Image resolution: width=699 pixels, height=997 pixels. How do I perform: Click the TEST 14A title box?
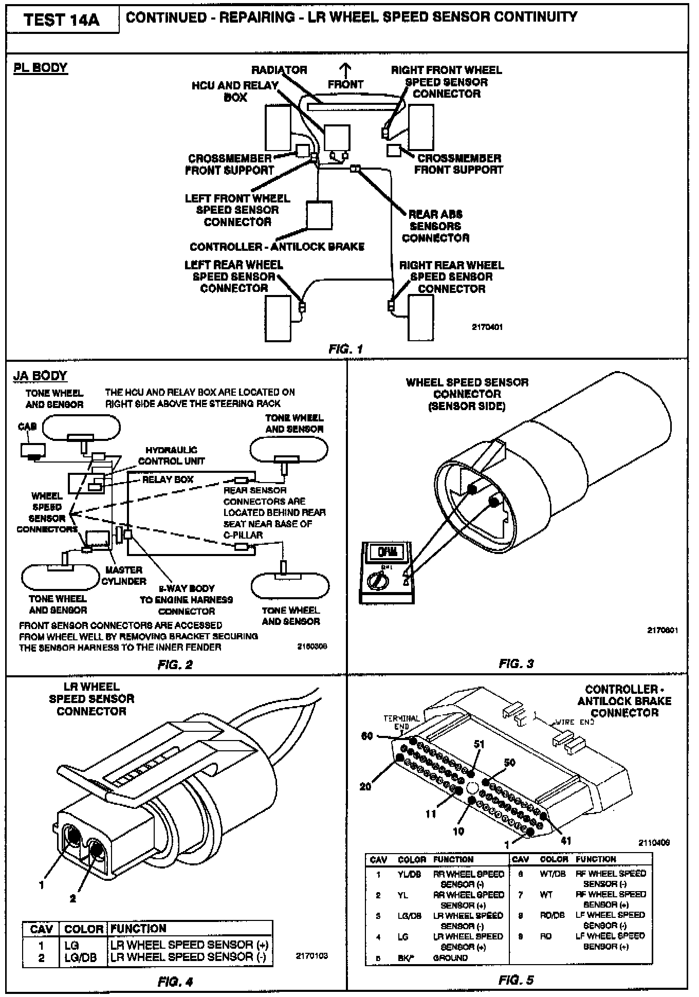[62, 20]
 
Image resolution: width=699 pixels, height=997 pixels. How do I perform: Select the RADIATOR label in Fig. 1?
[279, 70]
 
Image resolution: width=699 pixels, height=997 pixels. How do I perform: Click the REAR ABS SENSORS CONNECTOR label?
[435, 226]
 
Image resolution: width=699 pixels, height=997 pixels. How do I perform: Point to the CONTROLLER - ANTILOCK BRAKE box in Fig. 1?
[319, 215]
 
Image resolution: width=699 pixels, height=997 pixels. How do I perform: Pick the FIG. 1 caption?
[345, 349]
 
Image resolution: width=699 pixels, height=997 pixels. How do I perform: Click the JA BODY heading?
[40, 376]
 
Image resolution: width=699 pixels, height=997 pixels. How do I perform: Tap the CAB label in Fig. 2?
[27, 427]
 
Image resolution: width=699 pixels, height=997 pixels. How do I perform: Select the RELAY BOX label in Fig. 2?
[168, 479]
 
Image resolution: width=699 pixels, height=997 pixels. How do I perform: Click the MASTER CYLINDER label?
[123, 576]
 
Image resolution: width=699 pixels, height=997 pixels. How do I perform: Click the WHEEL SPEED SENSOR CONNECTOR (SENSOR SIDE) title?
[467, 394]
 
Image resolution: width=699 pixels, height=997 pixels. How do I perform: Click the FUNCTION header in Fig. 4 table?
[138, 929]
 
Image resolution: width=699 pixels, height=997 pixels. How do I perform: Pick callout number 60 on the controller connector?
[367, 736]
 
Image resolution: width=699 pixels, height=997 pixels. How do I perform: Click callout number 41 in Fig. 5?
[565, 841]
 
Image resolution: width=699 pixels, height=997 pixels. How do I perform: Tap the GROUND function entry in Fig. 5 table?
[450, 958]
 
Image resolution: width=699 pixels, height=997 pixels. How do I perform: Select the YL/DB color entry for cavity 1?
[410, 874]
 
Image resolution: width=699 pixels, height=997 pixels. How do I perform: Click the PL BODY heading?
[40, 68]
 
